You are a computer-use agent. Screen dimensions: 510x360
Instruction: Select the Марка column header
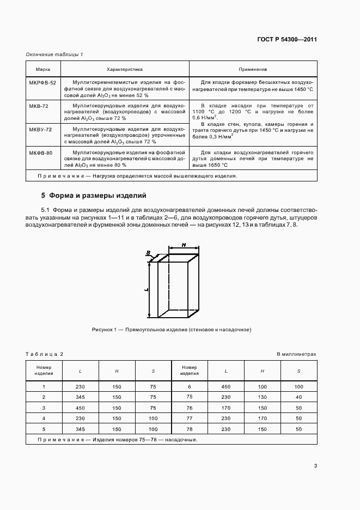(43, 70)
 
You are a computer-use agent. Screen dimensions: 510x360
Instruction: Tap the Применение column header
(253, 70)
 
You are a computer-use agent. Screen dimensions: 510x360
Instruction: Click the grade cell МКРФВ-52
(42, 81)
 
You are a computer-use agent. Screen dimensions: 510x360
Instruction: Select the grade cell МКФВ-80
(41, 153)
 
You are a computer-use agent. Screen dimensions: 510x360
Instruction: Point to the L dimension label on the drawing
(147, 290)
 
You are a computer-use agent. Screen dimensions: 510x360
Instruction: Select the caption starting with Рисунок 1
(171, 330)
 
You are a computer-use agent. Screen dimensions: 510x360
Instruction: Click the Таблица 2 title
(45, 354)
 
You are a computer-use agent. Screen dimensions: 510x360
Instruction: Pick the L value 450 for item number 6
(225, 386)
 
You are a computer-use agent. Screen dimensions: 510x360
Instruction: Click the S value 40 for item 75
(298, 397)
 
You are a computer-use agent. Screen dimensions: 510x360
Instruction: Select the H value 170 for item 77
(262, 418)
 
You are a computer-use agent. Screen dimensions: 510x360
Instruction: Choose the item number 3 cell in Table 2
(44, 408)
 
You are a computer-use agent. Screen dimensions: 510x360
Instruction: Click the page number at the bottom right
(315, 465)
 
